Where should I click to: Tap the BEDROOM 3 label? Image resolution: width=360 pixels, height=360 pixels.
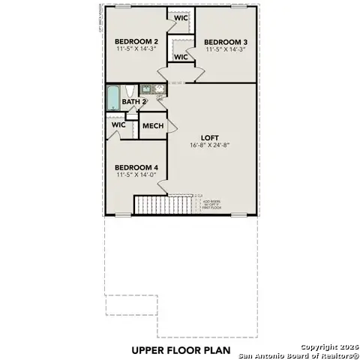[x=224, y=41]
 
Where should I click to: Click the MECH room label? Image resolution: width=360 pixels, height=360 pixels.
[x=153, y=126]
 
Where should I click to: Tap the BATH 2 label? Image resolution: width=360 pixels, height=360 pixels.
[x=133, y=101]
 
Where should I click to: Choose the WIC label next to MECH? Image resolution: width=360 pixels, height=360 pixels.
[x=118, y=125]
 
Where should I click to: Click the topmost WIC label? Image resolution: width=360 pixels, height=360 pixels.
[x=181, y=18]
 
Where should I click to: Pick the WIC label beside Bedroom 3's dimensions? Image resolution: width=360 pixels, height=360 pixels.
[x=181, y=57]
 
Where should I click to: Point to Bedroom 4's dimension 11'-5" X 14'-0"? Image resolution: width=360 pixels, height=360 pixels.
[x=136, y=175]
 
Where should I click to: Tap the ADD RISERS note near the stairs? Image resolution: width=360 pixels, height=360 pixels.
[x=212, y=203]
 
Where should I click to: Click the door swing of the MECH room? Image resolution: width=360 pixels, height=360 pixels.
[x=170, y=129]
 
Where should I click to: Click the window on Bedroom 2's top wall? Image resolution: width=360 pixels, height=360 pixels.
[x=124, y=6]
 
